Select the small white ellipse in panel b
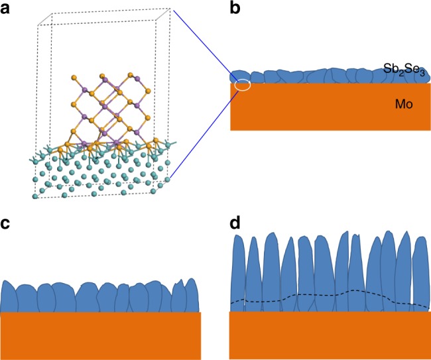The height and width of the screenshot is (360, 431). [243, 85]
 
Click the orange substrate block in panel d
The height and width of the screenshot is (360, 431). [329, 334]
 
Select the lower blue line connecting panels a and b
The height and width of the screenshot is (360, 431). [202, 133]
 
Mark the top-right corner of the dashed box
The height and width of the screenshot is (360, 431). [172, 9]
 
